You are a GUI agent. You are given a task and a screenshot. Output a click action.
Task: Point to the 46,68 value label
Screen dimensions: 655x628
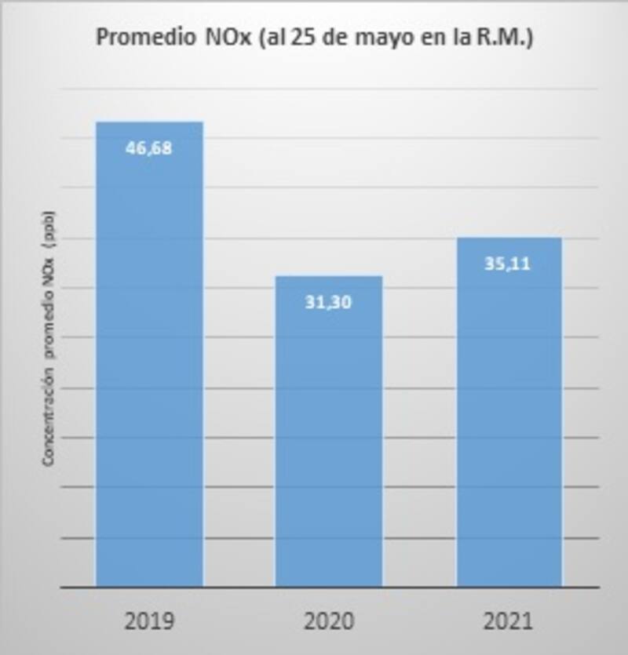[148, 147]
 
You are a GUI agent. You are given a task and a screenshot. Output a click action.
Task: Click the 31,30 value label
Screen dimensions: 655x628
[327, 302]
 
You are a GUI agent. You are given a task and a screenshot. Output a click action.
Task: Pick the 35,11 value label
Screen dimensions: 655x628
[507, 264]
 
